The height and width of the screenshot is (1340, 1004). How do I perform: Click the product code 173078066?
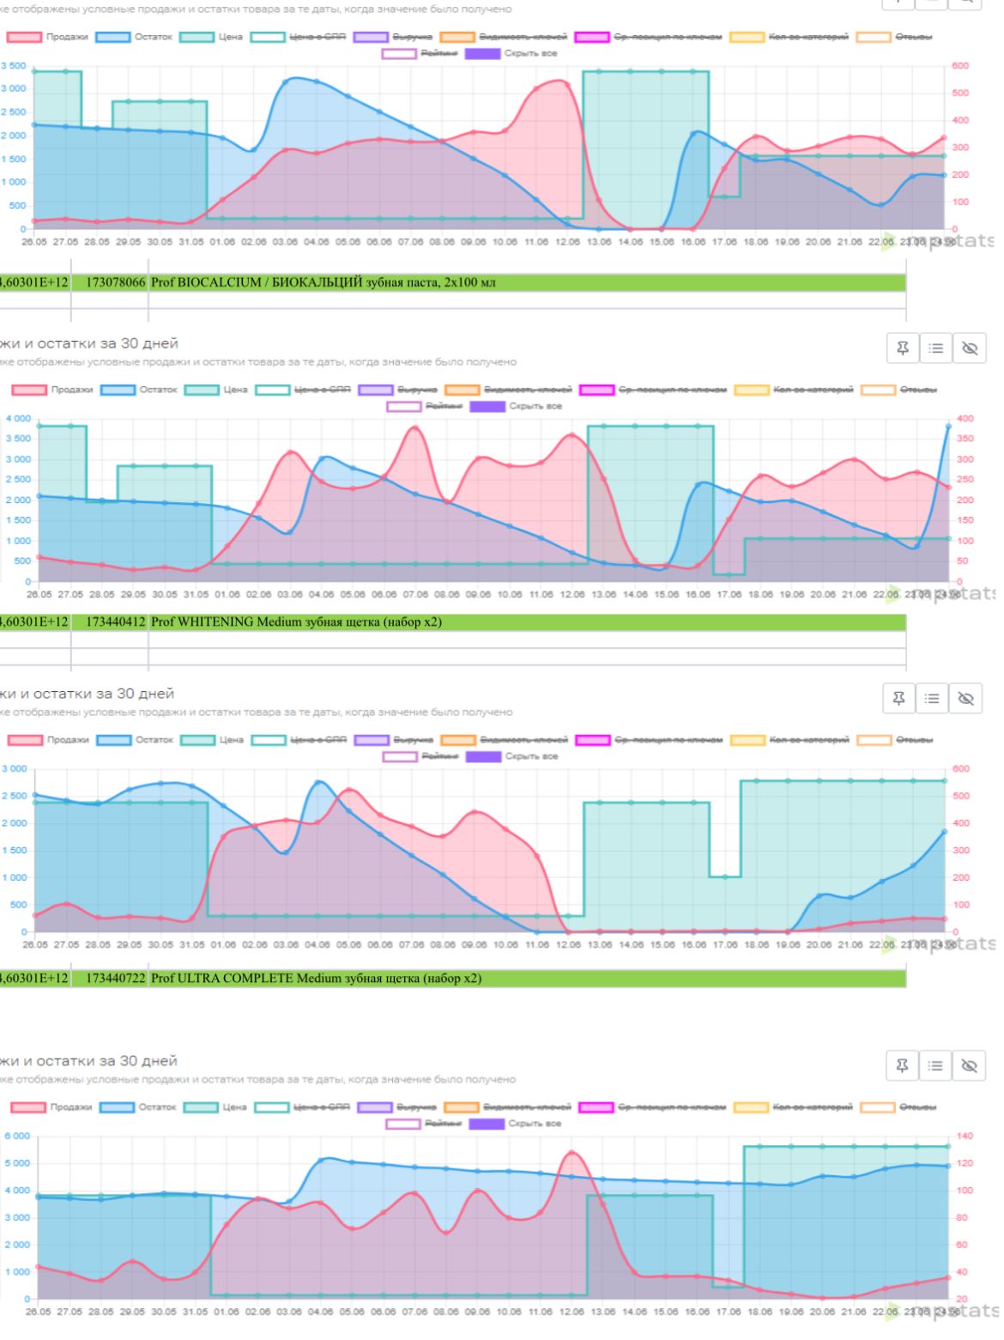pyautogui.click(x=115, y=282)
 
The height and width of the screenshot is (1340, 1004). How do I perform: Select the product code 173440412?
pyautogui.click(x=115, y=621)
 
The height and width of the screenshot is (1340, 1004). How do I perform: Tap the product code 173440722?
pyautogui.click(x=115, y=978)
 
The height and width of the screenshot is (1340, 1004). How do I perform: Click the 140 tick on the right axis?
pyautogui.click(x=964, y=1136)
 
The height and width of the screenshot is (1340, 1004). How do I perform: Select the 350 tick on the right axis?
pyautogui.click(x=964, y=439)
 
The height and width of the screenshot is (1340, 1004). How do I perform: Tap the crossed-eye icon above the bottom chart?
pyautogui.click(x=969, y=1065)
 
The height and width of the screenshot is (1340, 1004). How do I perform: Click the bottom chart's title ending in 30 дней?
pyautogui.click(x=89, y=1061)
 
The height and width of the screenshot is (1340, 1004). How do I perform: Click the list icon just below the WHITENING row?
pyautogui.click(x=935, y=699)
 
